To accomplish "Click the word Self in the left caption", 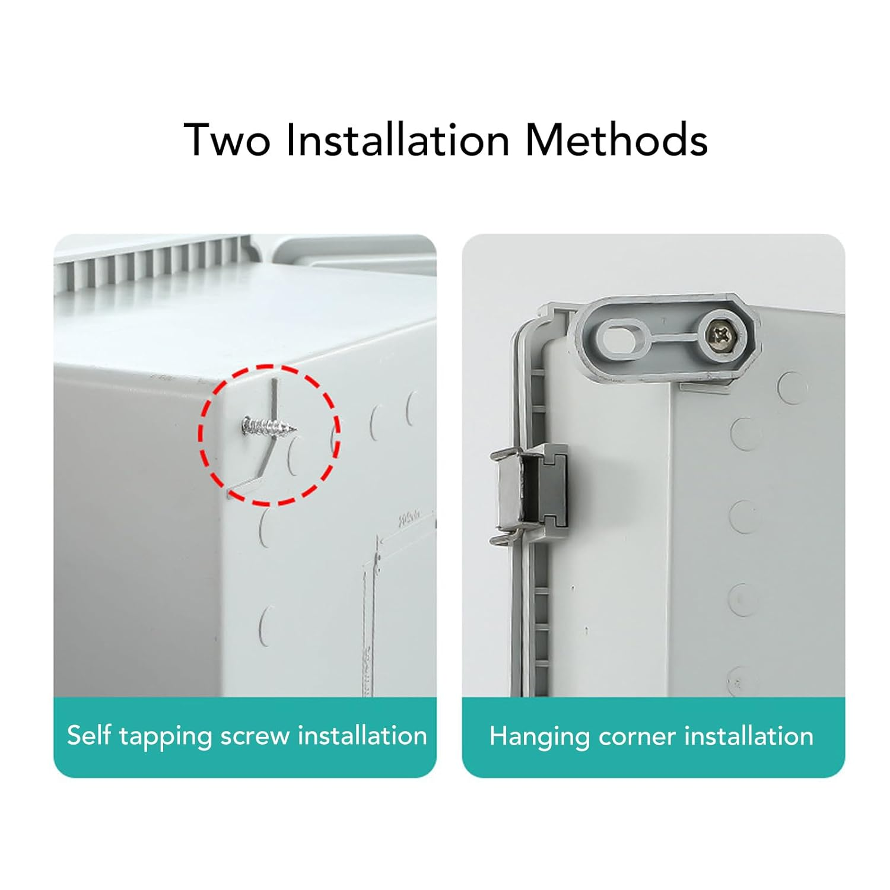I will (x=89, y=736).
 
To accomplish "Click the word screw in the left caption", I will (x=255, y=736).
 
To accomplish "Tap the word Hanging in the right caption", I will (x=539, y=737).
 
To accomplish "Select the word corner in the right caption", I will (x=637, y=736).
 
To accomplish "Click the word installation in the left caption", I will (x=362, y=736).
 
